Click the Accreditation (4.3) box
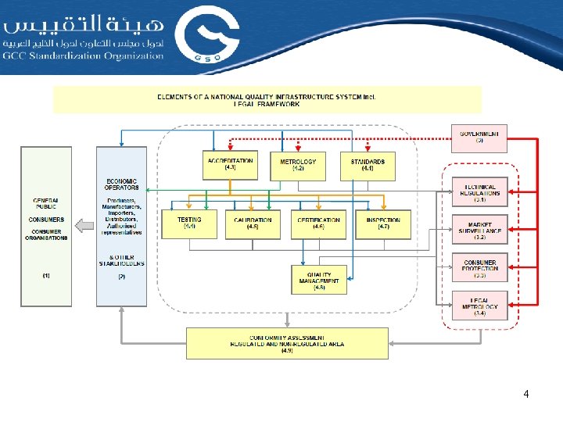230,165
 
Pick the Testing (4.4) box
188,224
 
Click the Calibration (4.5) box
253,224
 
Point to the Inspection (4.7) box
383,224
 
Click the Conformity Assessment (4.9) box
287,343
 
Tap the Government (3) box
479,138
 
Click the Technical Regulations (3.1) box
479,192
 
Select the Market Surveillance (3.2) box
479,230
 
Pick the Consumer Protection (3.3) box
479,267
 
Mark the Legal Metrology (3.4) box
479,306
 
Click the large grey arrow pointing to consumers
83,227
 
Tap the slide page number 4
526,394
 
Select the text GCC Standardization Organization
84,55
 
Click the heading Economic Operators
121,184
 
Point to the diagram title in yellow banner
267,99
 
